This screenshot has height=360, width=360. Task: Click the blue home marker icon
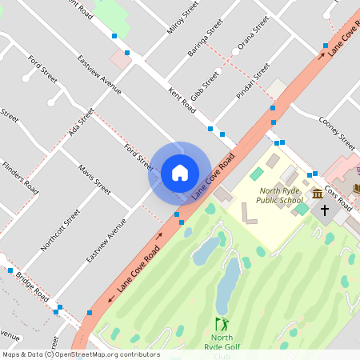point(180,173)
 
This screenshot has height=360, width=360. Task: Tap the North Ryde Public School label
point(282,195)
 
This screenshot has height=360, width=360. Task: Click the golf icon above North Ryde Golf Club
point(222,324)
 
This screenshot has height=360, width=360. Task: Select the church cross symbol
point(325,211)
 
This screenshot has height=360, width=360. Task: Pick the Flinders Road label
point(20,178)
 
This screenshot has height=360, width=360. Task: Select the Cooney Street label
point(336,133)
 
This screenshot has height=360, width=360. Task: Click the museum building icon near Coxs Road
point(318,194)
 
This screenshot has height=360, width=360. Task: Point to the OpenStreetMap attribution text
point(80,354)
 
